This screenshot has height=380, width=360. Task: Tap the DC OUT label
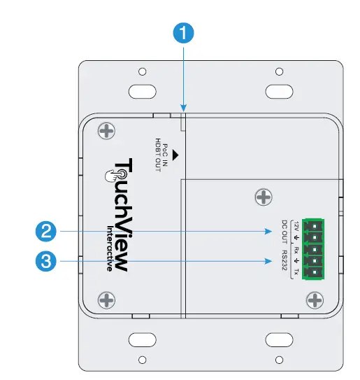[285, 232]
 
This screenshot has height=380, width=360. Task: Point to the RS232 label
[285, 263]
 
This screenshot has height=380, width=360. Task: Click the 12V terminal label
[296, 226]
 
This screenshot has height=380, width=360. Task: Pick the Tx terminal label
[296, 272]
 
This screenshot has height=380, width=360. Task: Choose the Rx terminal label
[296, 249]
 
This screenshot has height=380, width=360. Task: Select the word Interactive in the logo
[110, 248]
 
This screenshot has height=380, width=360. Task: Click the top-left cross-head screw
[106, 131]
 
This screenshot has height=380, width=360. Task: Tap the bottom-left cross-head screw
[106, 300]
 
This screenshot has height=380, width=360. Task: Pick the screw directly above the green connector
[263, 198]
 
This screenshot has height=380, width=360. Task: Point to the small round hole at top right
[280, 72]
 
